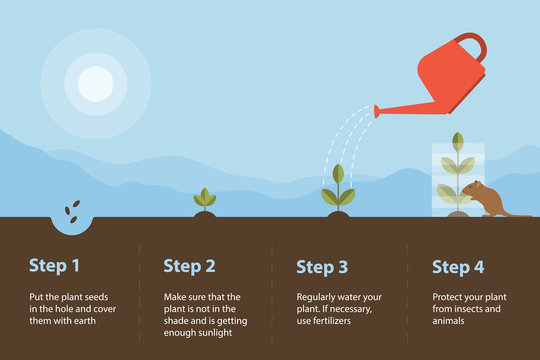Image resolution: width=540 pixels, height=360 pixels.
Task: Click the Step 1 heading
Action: [54, 266]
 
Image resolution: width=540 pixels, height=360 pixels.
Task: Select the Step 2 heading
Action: [189, 266]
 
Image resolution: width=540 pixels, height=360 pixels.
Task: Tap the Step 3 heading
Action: [323, 266]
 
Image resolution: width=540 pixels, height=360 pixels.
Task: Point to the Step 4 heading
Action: [458, 266]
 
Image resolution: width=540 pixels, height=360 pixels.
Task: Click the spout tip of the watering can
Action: [377, 112]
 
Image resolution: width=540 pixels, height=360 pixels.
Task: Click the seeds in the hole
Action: [73, 210]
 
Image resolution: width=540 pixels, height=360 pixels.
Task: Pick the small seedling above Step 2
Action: [204, 198]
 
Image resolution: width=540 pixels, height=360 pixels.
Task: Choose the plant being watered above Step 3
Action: [338, 188]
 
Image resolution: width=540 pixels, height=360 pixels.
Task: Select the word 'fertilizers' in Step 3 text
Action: [347, 321]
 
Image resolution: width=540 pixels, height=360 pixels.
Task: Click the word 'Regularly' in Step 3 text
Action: [317, 297]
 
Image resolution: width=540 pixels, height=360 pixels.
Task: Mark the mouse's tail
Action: [519, 214]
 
